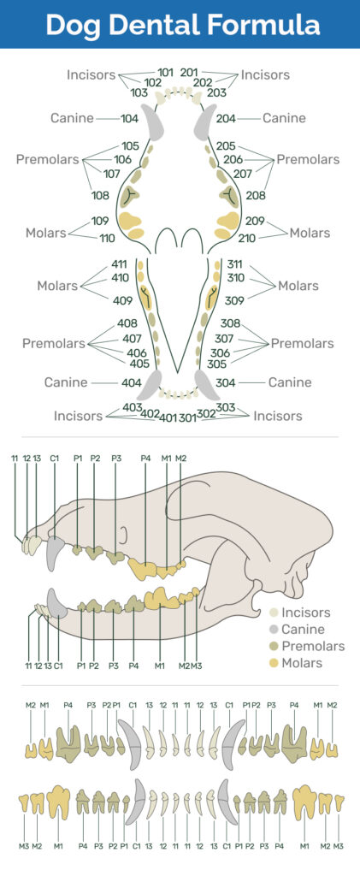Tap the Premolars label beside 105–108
pos(47,159)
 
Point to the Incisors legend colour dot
pos(273,613)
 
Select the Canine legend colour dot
pos(273,630)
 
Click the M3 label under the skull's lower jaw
pos(196,666)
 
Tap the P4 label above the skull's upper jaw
pos(145,459)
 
